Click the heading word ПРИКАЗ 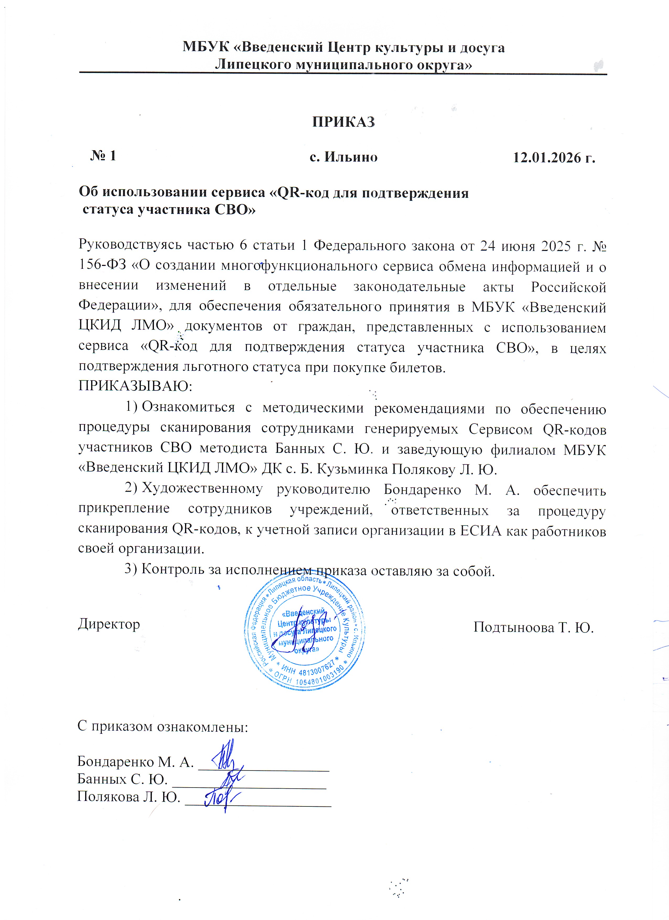pos(343,122)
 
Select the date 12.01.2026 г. pos(554,157)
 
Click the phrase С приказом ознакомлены pos(163,726)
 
